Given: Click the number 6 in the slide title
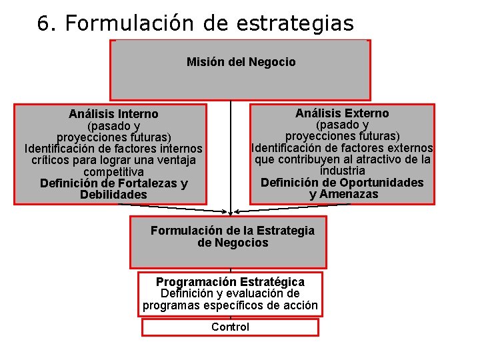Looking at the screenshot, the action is click(x=44, y=24).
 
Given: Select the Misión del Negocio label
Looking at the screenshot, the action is click(x=241, y=62).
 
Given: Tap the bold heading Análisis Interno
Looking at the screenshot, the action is click(x=113, y=115).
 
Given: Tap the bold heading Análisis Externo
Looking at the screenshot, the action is click(x=342, y=113).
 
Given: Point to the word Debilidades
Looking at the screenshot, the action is click(x=113, y=195).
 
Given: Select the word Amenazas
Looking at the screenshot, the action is click(x=353, y=194).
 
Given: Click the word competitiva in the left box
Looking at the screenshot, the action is click(x=113, y=172).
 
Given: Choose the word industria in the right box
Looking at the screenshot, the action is click(x=342, y=171).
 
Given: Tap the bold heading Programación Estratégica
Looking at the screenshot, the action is click(x=230, y=282).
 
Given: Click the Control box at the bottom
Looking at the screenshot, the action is click(x=230, y=327).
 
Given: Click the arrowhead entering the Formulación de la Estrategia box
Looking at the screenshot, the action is click(x=231, y=213).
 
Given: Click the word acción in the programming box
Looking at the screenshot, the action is click(x=301, y=305).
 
